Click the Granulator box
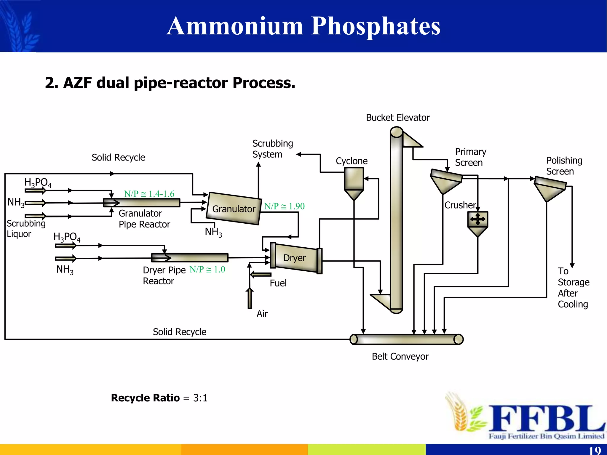point(234,209)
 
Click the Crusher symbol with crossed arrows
point(477,220)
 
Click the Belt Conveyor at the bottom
point(406,339)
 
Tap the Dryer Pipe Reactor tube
point(190,257)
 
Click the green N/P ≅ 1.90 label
point(284,206)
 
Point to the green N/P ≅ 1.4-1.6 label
point(149,194)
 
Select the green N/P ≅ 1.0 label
point(207,269)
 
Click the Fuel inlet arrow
point(261,275)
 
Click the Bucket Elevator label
point(397,118)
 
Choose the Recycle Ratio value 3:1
point(200,398)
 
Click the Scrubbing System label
point(272,149)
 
